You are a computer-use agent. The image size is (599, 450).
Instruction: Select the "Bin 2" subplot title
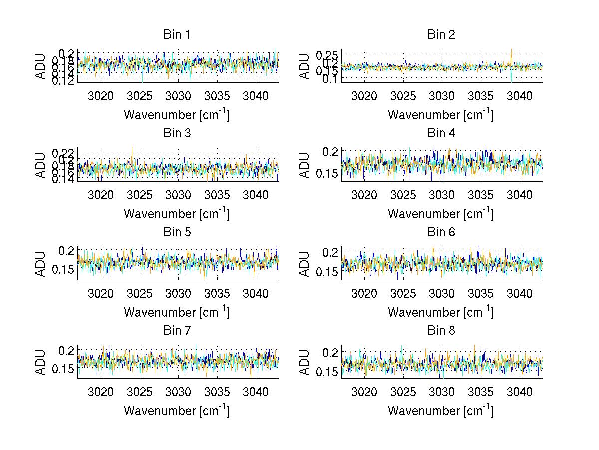pyautogui.click(x=441, y=35)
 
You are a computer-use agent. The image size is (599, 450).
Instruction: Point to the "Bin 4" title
pyautogui.click(x=441, y=133)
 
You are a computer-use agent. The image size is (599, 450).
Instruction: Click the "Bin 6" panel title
pyautogui.click(x=441, y=232)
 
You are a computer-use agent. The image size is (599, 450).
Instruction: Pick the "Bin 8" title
pyautogui.click(x=441, y=330)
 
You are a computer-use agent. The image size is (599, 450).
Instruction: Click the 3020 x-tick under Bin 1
pyautogui.click(x=101, y=96)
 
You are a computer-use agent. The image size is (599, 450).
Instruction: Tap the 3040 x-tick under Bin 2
pyautogui.click(x=520, y=96)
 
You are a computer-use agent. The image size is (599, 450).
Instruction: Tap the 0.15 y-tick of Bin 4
pyautogui.click(x=327, y=174)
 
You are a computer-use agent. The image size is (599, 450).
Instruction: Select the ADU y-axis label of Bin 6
pyautogui.click(x=304, y=264)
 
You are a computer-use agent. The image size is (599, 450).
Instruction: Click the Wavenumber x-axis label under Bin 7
pyautogui.click(x=177, y=410)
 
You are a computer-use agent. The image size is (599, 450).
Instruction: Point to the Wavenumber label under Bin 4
pyautogui.click(x=441, y=213)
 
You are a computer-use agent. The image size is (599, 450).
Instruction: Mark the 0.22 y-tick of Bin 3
pyautogui.click(x=63, y=152)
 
